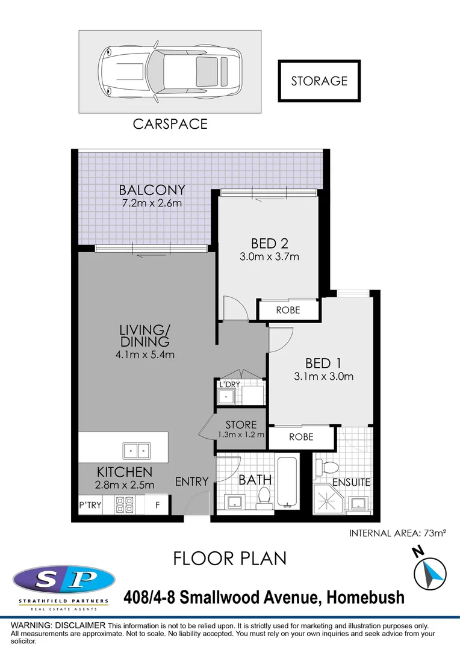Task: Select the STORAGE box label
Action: point(319,81)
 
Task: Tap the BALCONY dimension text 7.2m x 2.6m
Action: point(152,203)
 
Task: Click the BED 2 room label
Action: point(269,244)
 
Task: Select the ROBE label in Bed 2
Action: point(288,311)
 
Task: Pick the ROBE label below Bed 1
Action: point(301,437)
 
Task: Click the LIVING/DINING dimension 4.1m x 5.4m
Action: point(145,354)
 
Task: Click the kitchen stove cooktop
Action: point(124,504)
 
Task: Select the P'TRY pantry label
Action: point(90,505)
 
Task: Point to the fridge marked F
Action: point(158,505)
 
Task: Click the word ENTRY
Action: point(191,481)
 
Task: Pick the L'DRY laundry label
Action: point(229,384)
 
